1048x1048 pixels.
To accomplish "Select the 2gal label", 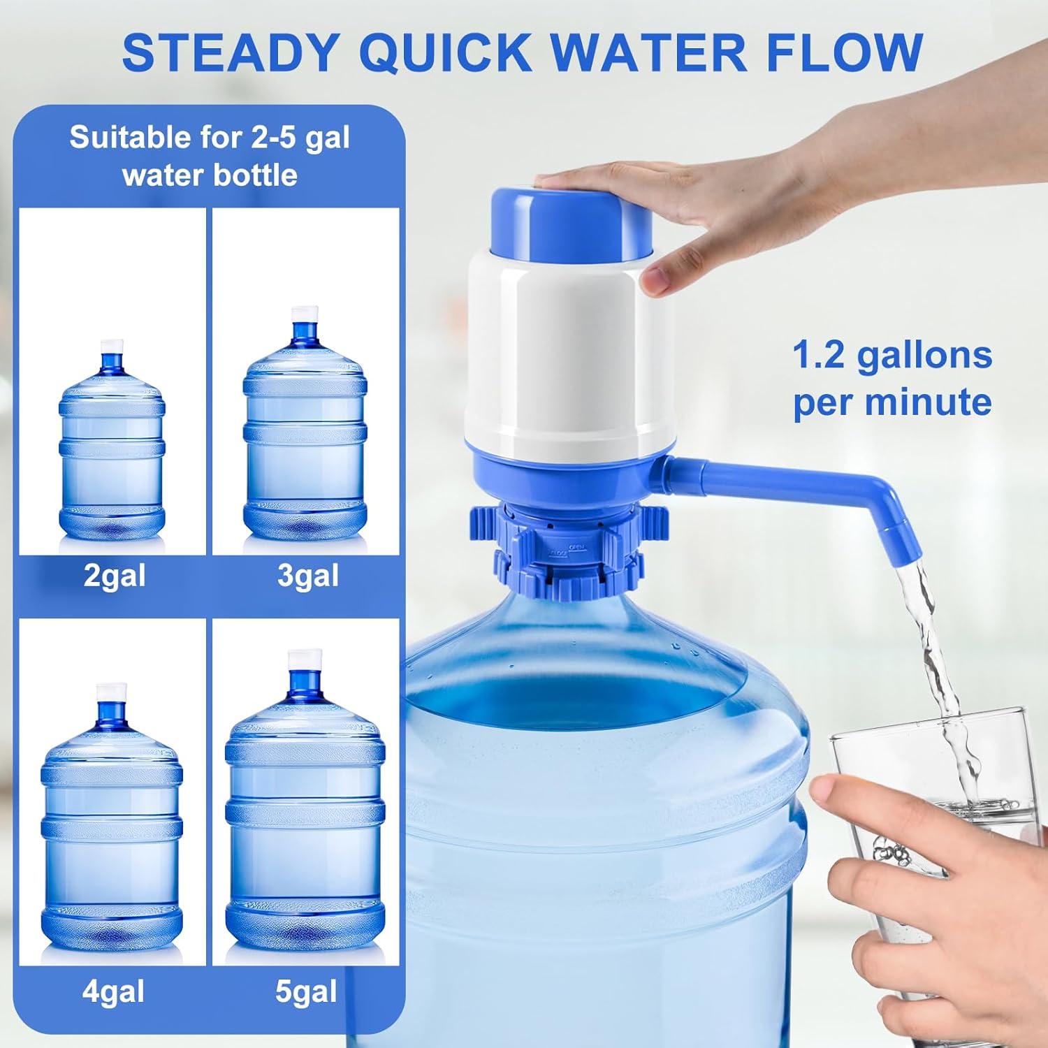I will click(115, 576).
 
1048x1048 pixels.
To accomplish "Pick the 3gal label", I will click(308, 576).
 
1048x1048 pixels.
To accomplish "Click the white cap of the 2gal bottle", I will click(112, 347).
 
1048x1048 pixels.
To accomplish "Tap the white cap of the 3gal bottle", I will click(305, 314).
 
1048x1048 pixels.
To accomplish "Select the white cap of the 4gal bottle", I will click(111, 690).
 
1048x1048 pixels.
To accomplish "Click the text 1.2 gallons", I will click(892, 355).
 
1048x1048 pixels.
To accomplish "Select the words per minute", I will click(892, 402).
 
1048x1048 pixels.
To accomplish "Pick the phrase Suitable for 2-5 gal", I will click(209, 138).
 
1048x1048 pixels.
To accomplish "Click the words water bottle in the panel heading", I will click(210, 175).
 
